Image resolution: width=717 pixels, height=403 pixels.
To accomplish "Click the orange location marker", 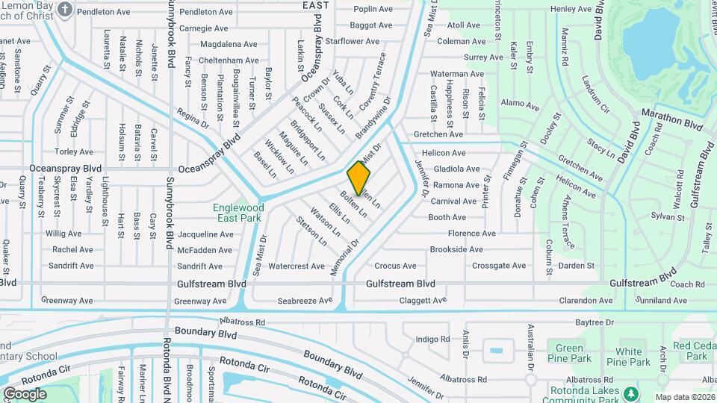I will (358, 178).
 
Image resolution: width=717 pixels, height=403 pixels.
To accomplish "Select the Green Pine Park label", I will (570, 353).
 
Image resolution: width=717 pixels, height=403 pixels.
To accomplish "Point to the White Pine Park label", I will (628, 357).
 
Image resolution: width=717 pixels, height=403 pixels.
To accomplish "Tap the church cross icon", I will (65, 10).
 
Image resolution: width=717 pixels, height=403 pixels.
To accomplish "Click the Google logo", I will (25, 393).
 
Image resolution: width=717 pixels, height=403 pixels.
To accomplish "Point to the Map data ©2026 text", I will (686, 397).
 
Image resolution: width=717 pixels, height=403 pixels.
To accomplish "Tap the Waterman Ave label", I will (457, 74).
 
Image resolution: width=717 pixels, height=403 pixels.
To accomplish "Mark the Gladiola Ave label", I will (456, 169).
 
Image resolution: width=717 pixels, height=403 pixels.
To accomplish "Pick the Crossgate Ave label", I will (499, 266).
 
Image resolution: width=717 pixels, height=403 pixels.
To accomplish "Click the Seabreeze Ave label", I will (305, 301).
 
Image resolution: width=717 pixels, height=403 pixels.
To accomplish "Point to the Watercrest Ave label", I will (295, 266).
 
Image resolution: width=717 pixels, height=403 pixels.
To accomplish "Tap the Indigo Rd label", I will (433, 340).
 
